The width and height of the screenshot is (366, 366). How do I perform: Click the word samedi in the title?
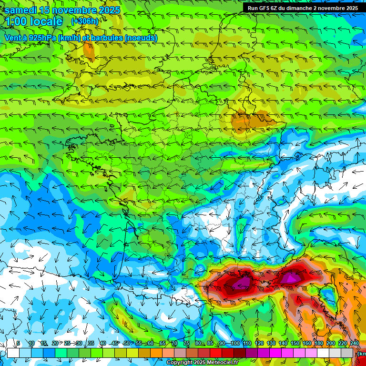tap(21, 10)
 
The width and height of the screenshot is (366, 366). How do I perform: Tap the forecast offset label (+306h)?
tap(85, 21)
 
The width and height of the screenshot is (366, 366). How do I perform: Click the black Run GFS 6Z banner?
tap(303, 8)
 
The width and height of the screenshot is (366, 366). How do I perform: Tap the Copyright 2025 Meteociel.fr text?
tap(202, 363)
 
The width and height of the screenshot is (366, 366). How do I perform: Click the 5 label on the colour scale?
tap(18, 343)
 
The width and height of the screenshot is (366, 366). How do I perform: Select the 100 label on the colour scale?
tap(235, 343)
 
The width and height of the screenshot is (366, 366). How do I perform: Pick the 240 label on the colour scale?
tap(355, 343)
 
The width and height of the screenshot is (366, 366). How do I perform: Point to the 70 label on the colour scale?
tap(174, 343)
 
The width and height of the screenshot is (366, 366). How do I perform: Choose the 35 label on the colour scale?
tap(91, 343)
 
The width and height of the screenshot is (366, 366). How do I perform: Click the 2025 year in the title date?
tap(109, 10)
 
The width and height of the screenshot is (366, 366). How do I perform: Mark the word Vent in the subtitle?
tap(13, 38)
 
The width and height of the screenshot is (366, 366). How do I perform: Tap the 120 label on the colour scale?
tap(259, 343)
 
